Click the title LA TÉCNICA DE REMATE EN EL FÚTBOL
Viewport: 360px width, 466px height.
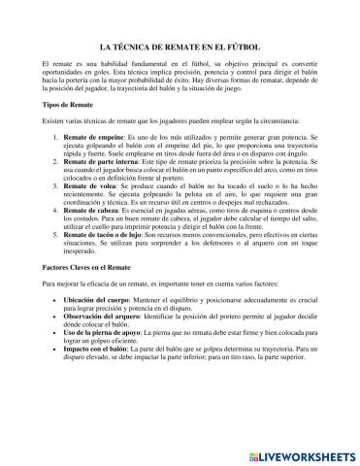(x=180, y=46)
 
